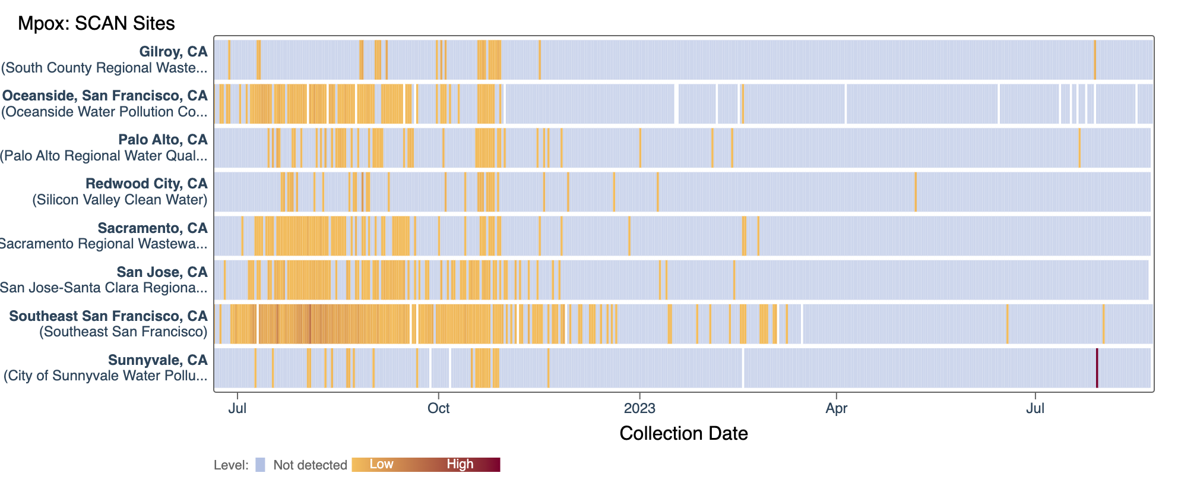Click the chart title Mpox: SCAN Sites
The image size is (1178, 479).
pos(96,23)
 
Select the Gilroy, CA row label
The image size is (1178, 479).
pos(173,52)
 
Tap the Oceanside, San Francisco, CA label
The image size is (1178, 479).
pos(105,96)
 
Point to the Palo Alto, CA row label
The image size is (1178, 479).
pos(163,140)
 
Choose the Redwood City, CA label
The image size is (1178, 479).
pos(146,184)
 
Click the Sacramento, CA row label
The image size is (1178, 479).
pos(153,228)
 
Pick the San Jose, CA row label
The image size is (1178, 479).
pos(162,272)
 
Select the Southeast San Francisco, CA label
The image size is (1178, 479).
pos(108,316)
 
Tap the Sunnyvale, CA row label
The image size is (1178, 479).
pos(157,360)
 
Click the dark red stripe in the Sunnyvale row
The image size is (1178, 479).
pos(1097,368)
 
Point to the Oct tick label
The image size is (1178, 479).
pos(438,408)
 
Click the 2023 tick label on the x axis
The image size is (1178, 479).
pos(639,408)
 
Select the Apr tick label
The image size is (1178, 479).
pos(836,408)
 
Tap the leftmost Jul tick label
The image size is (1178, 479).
pos(237,408)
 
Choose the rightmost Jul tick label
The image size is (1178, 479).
pos(1035,408)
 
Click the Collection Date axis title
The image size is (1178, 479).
pos(683,433)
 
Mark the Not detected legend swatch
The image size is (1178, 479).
pos(260,465)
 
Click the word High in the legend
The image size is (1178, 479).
pos(460,464)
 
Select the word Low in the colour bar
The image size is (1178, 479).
pos(381,464)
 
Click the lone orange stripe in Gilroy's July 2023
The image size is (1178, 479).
pos(1095,59)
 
